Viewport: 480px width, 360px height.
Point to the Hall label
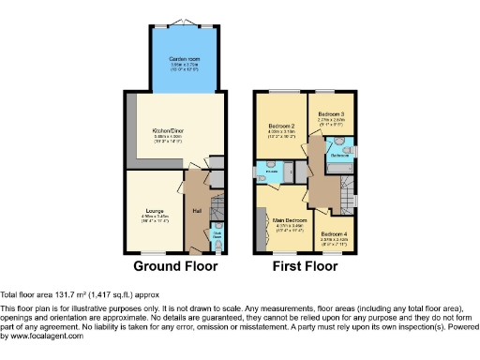198,210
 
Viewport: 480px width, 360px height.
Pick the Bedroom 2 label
282,126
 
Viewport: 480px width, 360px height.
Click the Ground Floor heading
175,266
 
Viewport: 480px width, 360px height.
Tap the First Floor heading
305,266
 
